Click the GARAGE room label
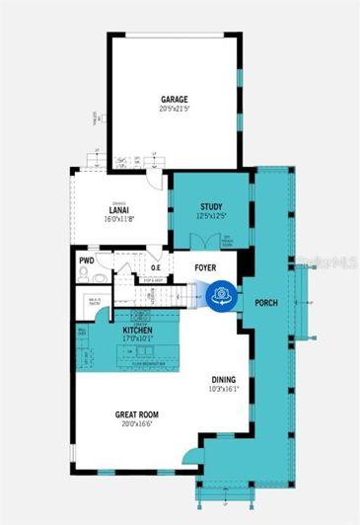pos(175,100)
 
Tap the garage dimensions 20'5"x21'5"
pos(175,110)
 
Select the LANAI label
pos(122,210)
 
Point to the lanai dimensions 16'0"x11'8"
pos(122,219)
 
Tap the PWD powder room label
pos(87,262)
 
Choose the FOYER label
pos(205,267)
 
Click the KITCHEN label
pos(138,331)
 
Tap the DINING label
pos(224,379)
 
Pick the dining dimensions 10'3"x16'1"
pos(225,389)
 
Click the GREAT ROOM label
pos(135,414)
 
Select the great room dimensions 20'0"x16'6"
pos(135,424)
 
